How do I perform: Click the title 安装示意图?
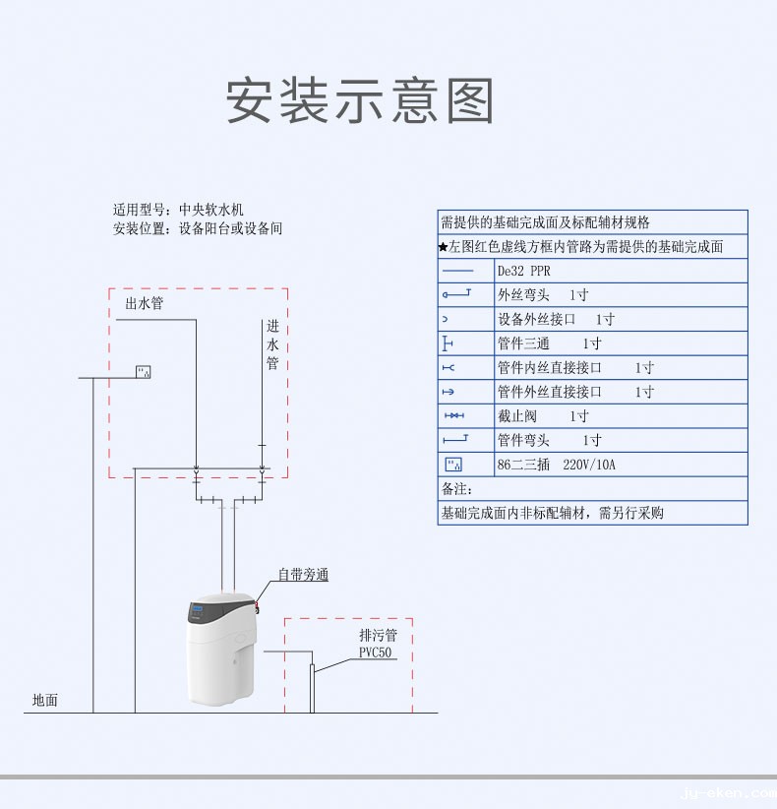tap(360, 101)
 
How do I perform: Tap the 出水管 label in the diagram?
tap(144, 304)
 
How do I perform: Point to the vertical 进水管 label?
tap(272, 345)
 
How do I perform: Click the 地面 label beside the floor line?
tap(45, 701)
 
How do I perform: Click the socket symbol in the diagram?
tap(144, 372)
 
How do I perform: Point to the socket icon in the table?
tap(453, 465)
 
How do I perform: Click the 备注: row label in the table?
tap(456, 489)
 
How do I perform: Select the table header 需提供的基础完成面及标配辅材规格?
tap(545, 222)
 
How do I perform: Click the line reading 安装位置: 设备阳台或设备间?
tap(197, 229)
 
